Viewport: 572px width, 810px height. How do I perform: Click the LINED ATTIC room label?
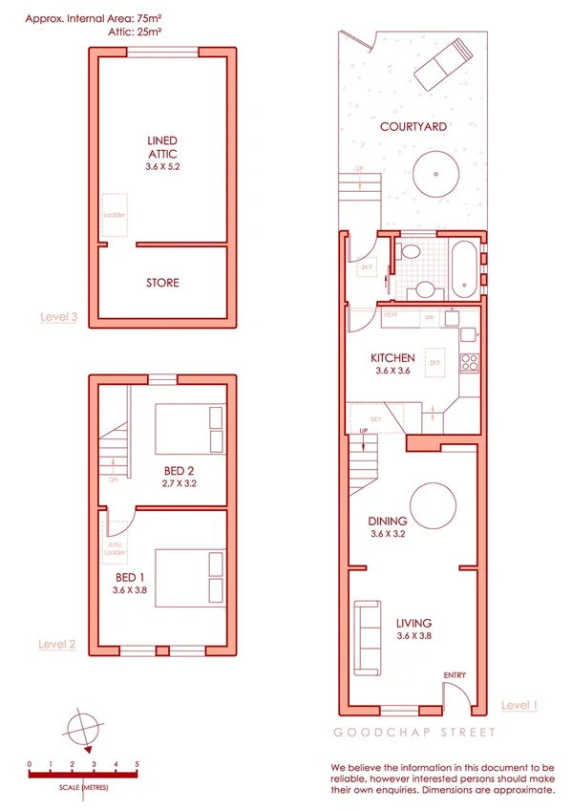(162, 147)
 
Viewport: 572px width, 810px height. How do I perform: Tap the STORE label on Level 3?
(162, 283)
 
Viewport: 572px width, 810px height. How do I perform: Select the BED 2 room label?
(179, 470)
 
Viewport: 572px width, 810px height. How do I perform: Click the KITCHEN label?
(392, 358)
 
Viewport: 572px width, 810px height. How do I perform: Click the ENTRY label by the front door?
(455, 676)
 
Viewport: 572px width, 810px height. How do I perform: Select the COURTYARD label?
(413, 126)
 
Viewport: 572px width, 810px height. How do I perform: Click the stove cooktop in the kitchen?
(470, 362)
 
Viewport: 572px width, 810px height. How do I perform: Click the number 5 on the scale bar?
(137, 764)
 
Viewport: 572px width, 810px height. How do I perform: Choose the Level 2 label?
(57, 644)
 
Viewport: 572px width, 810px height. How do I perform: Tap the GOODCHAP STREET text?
(413, 733)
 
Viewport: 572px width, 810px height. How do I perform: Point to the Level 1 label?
(520, 705)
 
